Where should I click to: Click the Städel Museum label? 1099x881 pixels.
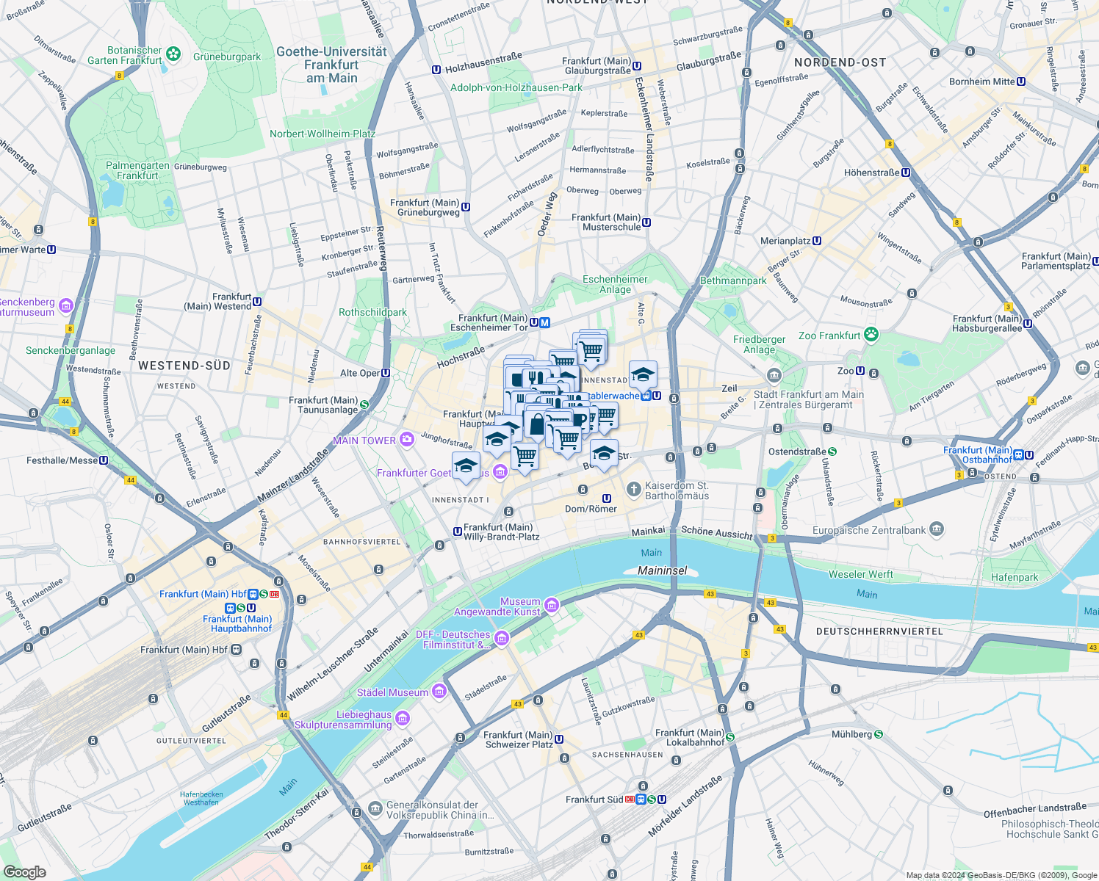coord(392,692)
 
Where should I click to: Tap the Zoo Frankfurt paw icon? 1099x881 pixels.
coord(871,336)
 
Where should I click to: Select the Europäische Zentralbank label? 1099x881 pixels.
coord(869,530)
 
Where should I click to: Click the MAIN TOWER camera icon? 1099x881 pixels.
coord(407,440)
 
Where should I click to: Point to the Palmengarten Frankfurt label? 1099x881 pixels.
coord(137,170)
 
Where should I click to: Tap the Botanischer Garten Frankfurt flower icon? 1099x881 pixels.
coord(173,54)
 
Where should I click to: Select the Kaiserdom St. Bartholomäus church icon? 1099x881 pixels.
coord(633,489)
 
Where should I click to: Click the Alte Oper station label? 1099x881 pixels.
coord(359,373)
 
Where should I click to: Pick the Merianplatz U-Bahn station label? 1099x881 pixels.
coord(785,241)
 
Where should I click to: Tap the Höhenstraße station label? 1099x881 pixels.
coord(871,173)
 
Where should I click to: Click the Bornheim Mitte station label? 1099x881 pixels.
coord(981,81)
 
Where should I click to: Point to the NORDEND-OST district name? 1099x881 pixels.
coord(840,62)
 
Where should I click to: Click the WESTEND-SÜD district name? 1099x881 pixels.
coord(184,366)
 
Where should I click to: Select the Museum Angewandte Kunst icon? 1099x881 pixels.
coord(552,605)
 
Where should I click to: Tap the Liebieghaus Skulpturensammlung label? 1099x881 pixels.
coord(343,719)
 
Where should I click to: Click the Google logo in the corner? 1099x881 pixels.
coord(24,871)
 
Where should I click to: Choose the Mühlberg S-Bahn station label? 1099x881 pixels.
coord(851,734)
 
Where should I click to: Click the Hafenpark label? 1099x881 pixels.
coord(1015,577)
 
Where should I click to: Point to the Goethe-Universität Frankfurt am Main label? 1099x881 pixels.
coord(331,65)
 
